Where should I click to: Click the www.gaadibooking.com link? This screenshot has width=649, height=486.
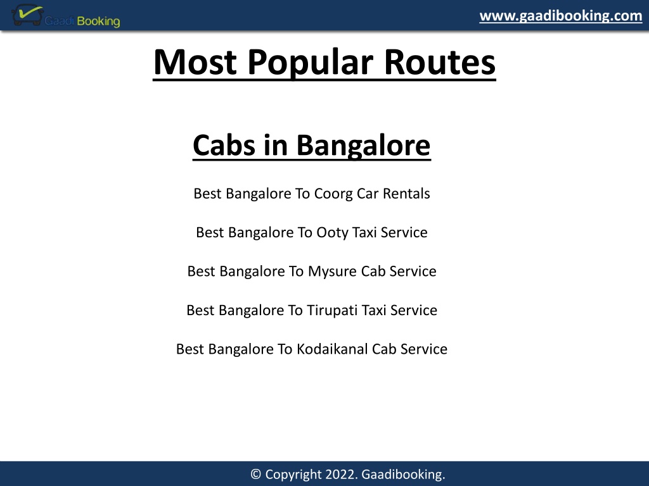click(561, 16)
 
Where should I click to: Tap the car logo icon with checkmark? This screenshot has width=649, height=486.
click(27, 15)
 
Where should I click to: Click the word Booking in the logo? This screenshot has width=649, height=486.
click(98, 21)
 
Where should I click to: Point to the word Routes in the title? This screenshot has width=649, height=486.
click(440, 63)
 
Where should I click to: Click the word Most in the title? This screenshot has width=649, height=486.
click(195, 63)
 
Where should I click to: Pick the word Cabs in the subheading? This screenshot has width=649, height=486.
click(224, 146)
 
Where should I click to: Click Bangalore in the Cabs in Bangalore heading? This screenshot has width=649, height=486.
click(363, 146)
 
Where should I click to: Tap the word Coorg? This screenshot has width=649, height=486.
click(333, 194)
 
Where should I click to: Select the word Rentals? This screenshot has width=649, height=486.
click(406, 194)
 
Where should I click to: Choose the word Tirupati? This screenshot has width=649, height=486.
click(333, 310)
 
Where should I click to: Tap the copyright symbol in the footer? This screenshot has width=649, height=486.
click(256, 474)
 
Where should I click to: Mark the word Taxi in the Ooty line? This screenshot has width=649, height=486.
click(364, 233)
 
